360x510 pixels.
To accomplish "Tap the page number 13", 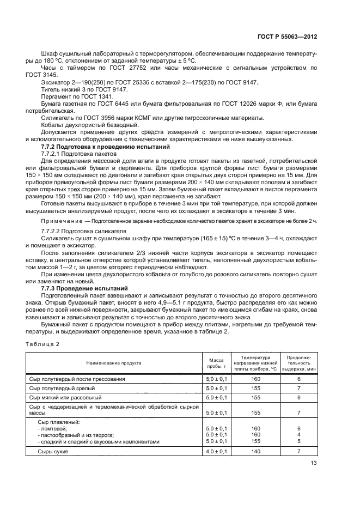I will (x=314, y=463).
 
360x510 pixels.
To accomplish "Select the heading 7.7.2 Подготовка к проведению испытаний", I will (x=106, y=148).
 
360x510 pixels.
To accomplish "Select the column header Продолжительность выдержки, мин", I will (x=298, y=362).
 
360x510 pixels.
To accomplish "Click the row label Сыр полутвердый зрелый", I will (x=62, y=388).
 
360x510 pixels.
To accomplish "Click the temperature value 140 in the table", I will (x=256, y=452).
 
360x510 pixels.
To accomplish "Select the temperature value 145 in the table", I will (x=256, y=441).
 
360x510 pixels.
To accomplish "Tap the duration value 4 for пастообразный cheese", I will (x=298, y=435).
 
